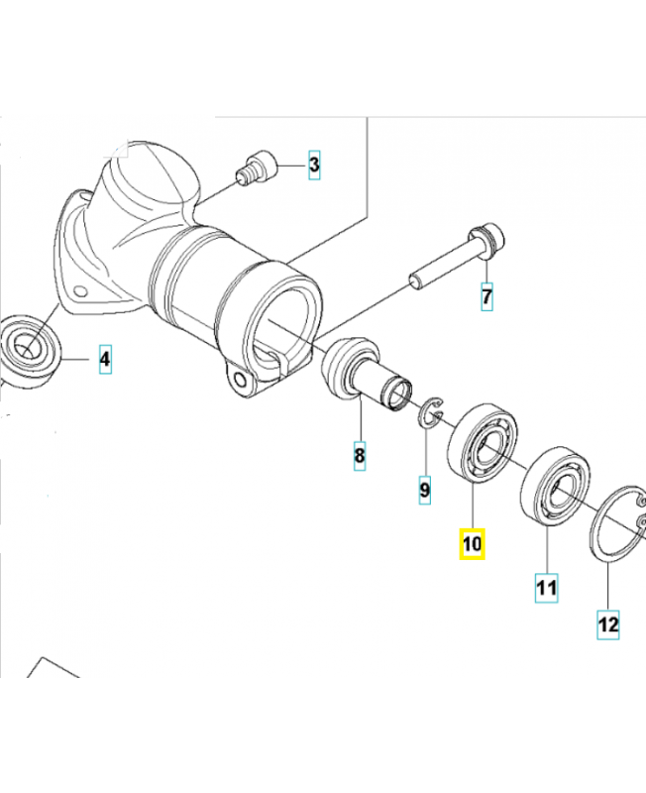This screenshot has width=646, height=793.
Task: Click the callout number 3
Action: click(314, 165)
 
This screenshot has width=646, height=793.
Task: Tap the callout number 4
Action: click(105, 359)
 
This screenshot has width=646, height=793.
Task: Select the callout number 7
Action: click(486, 296)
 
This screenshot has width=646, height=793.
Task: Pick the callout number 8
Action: click(359, 456)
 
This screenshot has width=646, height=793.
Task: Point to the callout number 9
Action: click(425, 490)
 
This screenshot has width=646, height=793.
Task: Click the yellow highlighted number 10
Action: click(473, 544)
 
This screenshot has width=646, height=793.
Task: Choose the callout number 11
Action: click(546, 588)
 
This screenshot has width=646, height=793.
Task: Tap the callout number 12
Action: click(608, 625)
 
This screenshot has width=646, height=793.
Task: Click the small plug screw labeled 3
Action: click(257, 168)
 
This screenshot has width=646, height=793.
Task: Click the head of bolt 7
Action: click(486, 240)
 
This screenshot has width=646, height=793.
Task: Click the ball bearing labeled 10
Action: click(483, 443)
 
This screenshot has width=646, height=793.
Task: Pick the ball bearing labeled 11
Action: click(556, 486)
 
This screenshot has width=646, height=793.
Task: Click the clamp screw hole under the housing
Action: click(241, 380)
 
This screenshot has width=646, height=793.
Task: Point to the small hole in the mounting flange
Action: click(78, 291)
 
